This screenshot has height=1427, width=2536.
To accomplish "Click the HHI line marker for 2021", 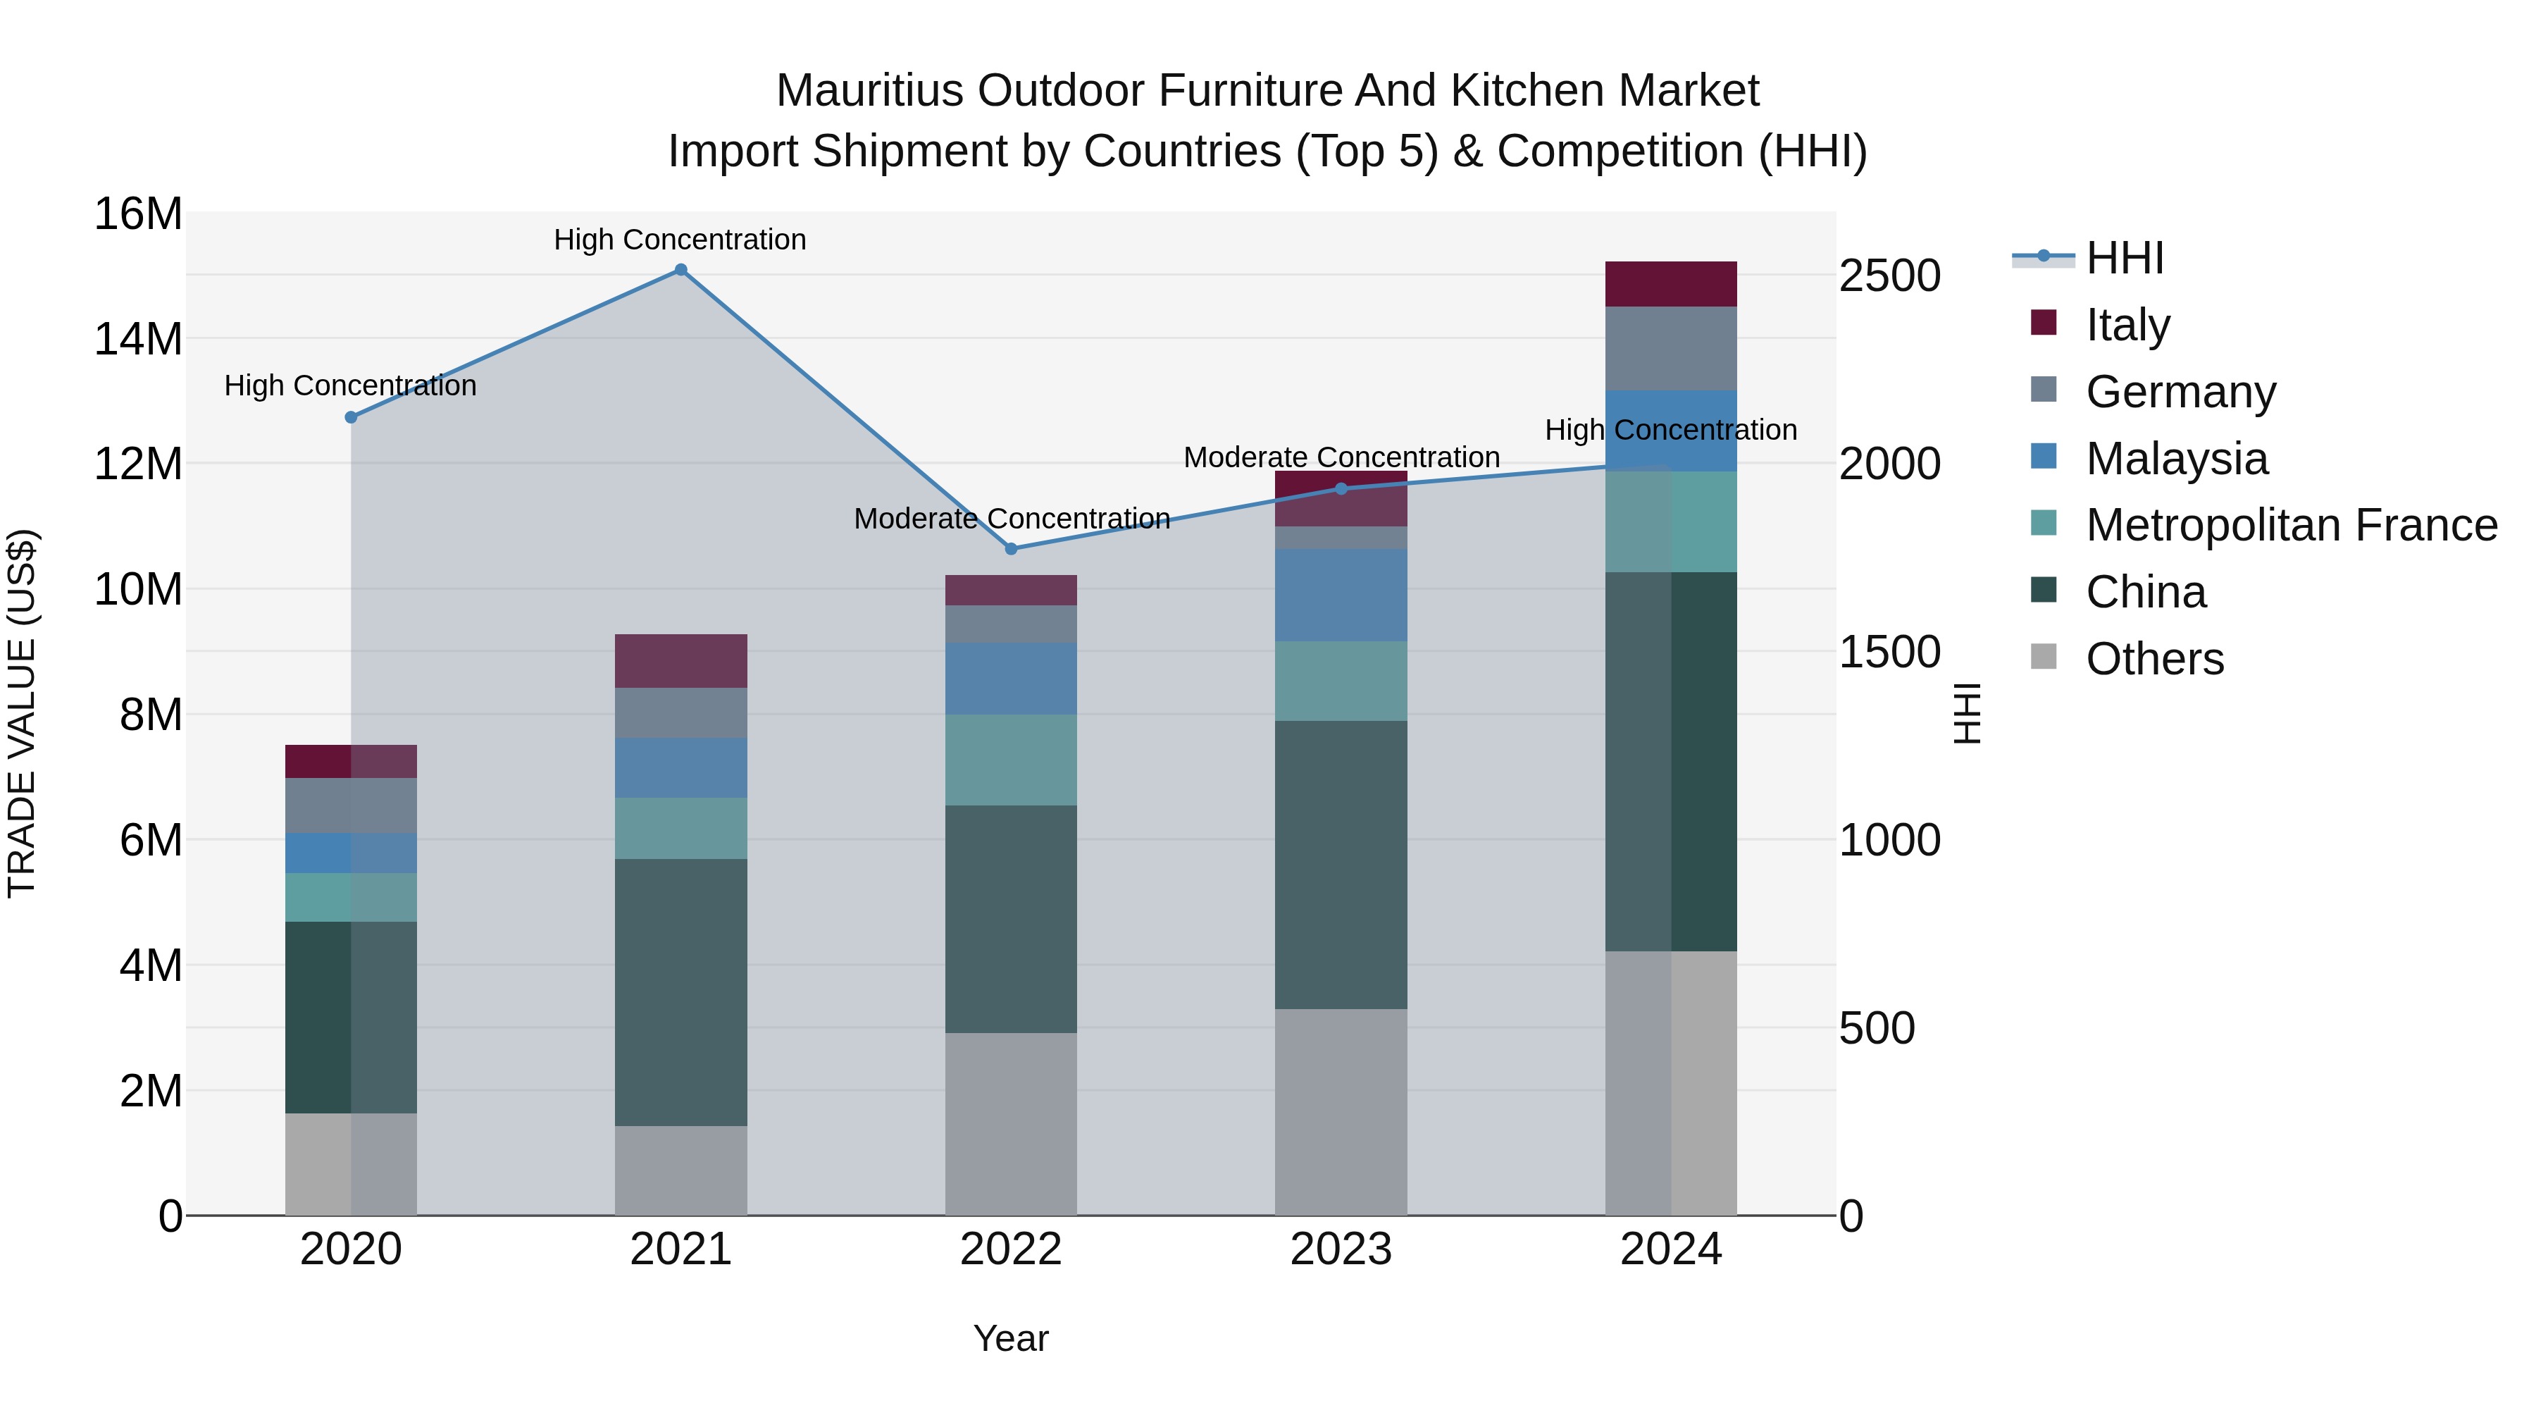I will (680, 270).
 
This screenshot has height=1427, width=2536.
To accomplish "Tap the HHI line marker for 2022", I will (1011, 548).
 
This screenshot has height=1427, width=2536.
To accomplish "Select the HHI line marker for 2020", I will (351, 418).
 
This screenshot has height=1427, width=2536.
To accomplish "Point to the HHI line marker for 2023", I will (1341, 488).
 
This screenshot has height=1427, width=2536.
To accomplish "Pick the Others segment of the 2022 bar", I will (1011, 1124).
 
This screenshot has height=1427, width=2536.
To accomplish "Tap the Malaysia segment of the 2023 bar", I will (1341, 595).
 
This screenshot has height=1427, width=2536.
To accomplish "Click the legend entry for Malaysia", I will (2176, 459).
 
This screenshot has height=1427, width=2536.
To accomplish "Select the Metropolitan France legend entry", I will (2290, 526).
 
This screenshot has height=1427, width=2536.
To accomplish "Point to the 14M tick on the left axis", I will (138, 339).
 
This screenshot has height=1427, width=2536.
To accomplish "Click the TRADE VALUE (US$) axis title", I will (23, 713).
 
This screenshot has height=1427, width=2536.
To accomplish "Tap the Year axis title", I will (1011, 1340).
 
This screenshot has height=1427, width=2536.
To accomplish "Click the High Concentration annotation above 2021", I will (680, 240).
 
